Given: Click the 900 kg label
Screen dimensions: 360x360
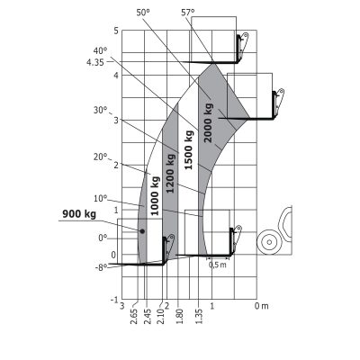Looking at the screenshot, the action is tap(79, 214).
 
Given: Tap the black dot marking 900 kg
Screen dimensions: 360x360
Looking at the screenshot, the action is tap(142, 231).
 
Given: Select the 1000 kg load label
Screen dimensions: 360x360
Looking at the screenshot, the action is tap(155, 196).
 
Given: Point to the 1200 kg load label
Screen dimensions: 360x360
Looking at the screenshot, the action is tap(170, 174).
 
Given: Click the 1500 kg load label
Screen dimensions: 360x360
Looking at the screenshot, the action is tap(188, 150).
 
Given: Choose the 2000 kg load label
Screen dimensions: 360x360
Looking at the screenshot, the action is tap(208, 122).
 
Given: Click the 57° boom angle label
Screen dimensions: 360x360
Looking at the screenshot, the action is tap(188, 13).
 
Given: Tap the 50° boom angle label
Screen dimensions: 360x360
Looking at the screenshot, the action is tap(143, 13).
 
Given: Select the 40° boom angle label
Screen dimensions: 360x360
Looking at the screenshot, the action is tap(100, 50).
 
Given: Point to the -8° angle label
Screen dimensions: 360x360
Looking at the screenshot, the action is tap(101, 267).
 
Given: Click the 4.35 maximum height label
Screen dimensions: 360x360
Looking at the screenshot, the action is tap(95, 62).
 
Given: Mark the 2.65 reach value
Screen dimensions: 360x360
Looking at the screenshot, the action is tap(134, 316).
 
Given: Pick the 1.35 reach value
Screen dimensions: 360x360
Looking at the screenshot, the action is tap(199, 316).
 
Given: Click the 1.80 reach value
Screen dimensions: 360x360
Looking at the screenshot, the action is tap(179, 316).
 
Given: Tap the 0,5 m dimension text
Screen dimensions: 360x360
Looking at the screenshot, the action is tap(218, 265).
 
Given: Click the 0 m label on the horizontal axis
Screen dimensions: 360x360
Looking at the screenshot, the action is tap(262, 306).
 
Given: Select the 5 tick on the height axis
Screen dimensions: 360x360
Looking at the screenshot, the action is tap(116, 31).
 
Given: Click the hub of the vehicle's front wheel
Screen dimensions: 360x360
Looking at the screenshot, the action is tap(269, 242).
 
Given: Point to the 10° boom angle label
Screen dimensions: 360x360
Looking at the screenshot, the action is tap(100, 199).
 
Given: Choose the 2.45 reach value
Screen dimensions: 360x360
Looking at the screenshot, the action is tap(148, 316).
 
